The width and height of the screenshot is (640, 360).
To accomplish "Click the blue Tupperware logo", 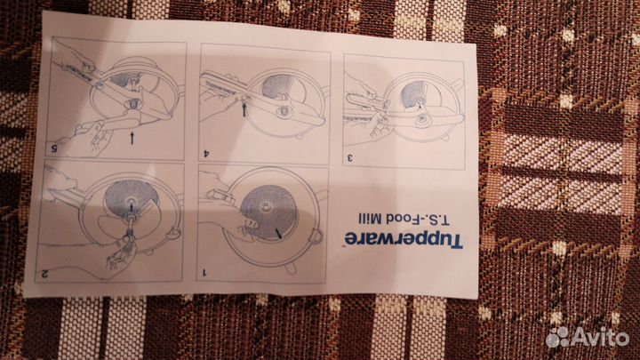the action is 404,240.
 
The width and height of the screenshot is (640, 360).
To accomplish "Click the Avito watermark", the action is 588,337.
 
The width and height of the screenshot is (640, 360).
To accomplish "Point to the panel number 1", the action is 205,272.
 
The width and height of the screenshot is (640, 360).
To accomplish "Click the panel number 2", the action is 45,275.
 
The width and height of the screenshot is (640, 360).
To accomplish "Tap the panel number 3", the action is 350,158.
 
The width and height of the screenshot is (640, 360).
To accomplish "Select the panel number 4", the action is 206,154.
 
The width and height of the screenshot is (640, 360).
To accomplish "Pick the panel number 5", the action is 54,148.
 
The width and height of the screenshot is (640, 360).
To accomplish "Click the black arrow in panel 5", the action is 132,138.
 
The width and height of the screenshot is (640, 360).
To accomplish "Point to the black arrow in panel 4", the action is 244,109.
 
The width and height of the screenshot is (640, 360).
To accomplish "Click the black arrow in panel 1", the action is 278,233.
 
